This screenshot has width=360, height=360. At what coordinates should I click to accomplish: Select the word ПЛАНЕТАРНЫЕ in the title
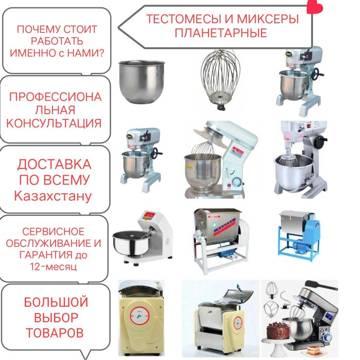(x=221, y=33)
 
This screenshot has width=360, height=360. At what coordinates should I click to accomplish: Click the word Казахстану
(x=53, y=196)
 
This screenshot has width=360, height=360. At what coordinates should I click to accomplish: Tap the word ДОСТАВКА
(x=54, y=165)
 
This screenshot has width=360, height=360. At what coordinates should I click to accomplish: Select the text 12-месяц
(x=54, y=267)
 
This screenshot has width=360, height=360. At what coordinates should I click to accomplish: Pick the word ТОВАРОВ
(x=54, y=333)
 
